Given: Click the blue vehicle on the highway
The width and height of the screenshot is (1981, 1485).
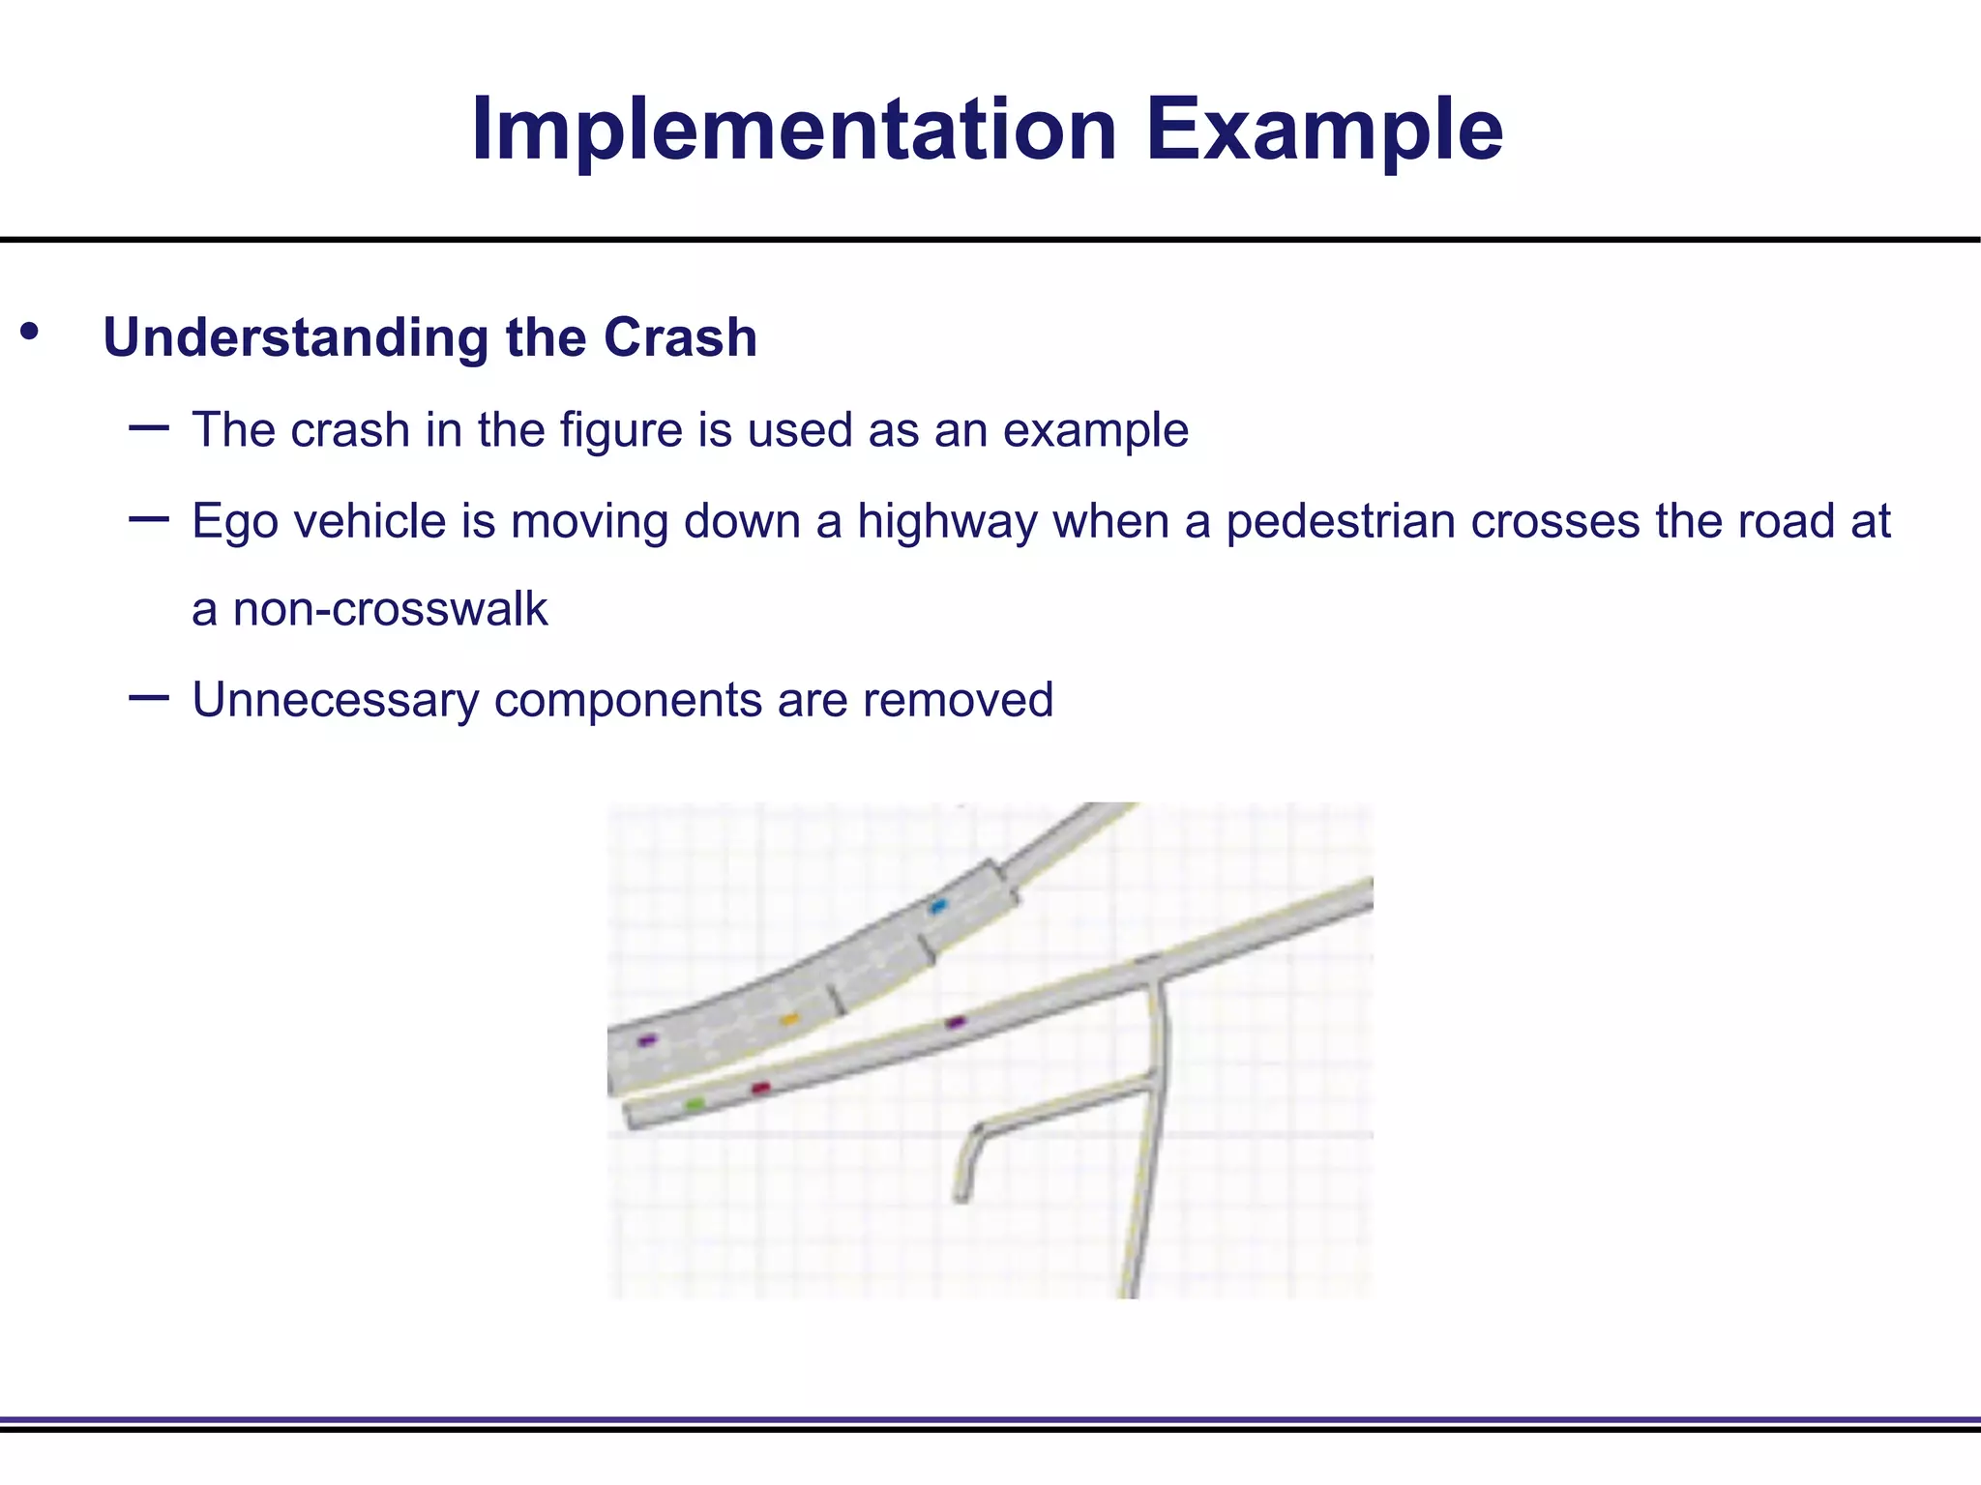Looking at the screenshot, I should pyautogui.click(x=937, y=907).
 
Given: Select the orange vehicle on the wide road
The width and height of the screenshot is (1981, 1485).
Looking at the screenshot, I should pyautogui.click(x=789, y=1019).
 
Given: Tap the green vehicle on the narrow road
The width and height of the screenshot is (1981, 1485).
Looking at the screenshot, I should pyautogui.click(x=695, y=1103).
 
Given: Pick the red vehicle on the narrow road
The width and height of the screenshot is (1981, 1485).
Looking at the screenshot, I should pyautogui.click(x=761, y=1089).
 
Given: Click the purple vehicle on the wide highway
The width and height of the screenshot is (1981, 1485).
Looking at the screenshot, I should pyautogui.click(x=647, y=1040).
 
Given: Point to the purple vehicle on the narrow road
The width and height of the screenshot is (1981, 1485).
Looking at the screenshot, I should pyautogui.click(x=955, y=1022).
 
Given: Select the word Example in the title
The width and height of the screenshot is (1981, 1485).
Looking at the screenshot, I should pyautogui.click(x=1324, y=131).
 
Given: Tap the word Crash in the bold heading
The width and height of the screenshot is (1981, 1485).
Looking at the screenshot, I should pyautogui.click(x=680, y=338).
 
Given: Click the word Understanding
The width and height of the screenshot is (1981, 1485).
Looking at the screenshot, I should pyautogui.click(x=296, y=338).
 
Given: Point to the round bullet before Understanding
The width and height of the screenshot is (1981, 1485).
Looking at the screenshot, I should pyautogui.click(x=30, y=332).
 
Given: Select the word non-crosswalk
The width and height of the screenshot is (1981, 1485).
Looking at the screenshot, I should pyautogui.click(x=390, y=609).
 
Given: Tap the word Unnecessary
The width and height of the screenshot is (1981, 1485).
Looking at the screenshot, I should pyautogui.click(x=335, y=699).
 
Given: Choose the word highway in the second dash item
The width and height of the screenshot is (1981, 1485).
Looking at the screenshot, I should pyautogui.click(x=947, y=521).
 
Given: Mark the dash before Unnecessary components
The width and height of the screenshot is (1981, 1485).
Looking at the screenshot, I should pyautogui.click(x=148, y=697).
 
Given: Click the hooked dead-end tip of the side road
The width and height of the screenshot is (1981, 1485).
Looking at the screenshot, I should pyautogui.click(x=961, y=1197).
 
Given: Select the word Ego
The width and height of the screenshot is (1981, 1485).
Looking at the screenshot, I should pyautogui.click(x=235, y=521).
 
